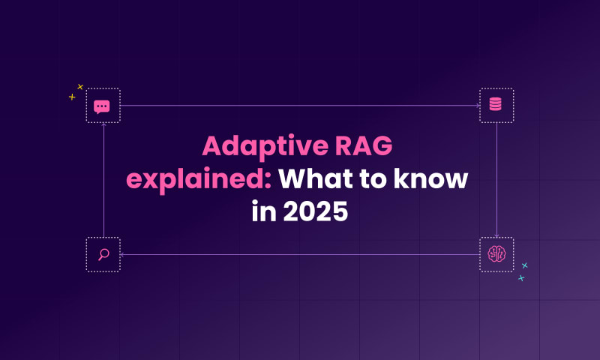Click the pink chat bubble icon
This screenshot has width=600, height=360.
102,106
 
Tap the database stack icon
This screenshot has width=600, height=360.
496,104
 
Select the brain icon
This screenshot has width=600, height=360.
496,254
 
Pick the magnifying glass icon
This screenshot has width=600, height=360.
103,254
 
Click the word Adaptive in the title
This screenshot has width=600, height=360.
265,146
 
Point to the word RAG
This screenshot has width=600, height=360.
364,145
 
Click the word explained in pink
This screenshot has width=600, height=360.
199,179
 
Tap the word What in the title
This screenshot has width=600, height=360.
316,178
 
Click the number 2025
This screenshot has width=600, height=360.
315,211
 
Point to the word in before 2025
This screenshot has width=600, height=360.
264,211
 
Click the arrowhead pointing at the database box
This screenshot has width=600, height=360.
478,106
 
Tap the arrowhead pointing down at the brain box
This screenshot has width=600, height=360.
496,235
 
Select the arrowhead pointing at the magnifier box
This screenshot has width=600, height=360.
121,254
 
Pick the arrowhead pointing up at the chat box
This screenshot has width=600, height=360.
103,124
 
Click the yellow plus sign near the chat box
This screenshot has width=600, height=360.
72,97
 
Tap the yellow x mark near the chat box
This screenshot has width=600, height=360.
80,87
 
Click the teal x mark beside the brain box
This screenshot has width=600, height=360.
524,265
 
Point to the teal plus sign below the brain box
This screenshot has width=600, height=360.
521,278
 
